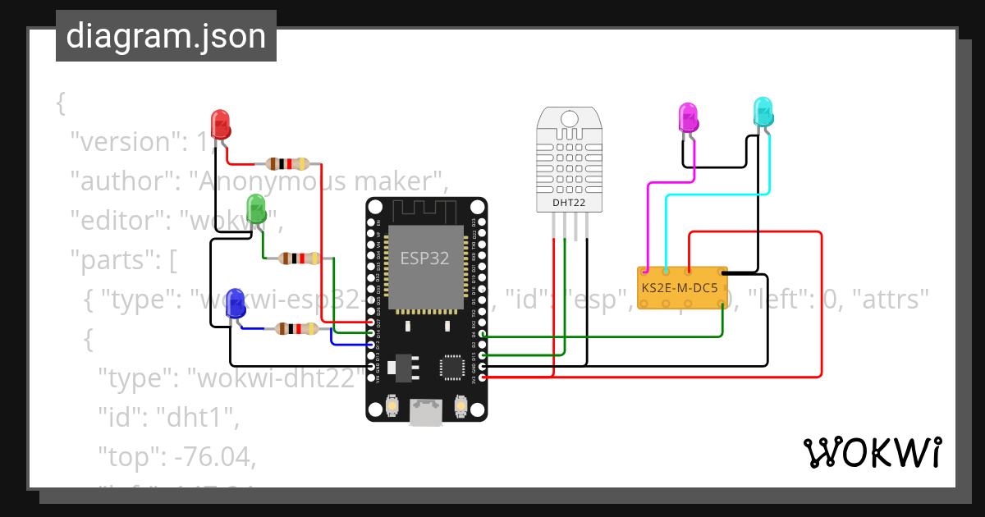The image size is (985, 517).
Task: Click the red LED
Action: tap(220, 124)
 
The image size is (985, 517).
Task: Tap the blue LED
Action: tap(235, 303)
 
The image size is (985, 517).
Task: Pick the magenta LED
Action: tap(688, 118)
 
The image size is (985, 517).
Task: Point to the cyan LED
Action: tap(763, 112)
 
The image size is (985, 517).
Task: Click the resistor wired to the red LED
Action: tap(286, 163)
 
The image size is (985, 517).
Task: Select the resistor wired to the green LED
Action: tap(299, 258)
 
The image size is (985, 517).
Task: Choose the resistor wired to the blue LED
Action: tap(296, 329)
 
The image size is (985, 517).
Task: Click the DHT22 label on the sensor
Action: tap(568, 201)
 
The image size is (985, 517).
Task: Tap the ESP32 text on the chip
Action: tap(424, 258)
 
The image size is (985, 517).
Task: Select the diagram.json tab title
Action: tap(166, 36)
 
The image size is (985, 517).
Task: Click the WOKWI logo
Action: tap(872, 452)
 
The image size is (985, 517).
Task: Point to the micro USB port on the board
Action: tap(426, 412)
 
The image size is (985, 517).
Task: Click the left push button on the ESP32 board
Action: tap(392, 406)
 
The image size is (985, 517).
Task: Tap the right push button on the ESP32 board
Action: tap(460, 406)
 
